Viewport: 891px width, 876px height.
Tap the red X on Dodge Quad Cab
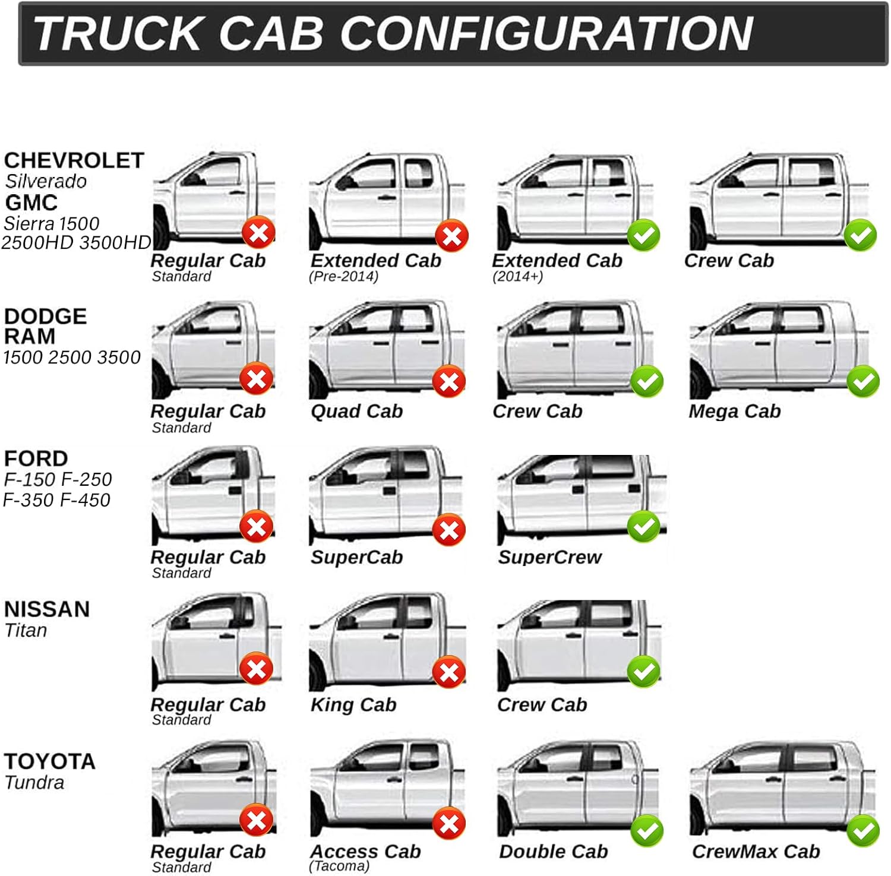[449, 381]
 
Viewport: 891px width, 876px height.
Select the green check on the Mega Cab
[862, 381]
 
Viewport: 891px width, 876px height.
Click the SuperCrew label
[549, 557]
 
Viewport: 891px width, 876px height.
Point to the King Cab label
[353, 705]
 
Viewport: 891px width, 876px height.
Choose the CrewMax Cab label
[756, 852]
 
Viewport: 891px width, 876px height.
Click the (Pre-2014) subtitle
[343, 277]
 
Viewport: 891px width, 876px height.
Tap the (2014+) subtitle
[517, 277]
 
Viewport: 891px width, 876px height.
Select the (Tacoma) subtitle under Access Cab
[339, 866]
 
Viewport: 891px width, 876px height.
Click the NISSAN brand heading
[47, 609]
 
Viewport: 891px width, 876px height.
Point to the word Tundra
[34, 783]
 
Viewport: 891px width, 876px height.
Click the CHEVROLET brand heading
[74, 160]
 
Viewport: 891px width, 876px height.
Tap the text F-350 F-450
[57, 500]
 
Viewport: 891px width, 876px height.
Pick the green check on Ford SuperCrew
[643, 527]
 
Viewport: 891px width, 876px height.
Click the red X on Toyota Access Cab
[449, 824]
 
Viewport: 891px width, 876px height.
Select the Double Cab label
[554, 852]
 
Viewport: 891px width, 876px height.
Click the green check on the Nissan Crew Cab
[643, 672]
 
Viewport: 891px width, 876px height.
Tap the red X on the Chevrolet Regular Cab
[258, 233]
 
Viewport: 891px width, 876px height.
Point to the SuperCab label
[356, 557]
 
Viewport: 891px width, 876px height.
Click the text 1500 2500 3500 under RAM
[72, 358]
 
